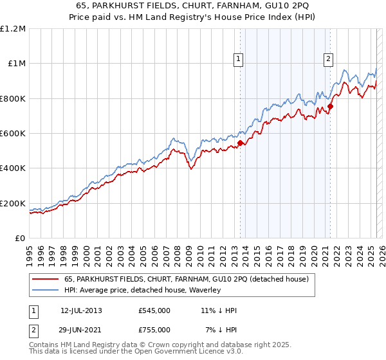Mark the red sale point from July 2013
240,143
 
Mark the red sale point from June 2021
330,106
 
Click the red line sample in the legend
46,279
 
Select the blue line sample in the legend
46,290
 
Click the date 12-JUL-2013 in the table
81,310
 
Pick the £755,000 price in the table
154,329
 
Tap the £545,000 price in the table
154,310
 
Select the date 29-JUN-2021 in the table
81,329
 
